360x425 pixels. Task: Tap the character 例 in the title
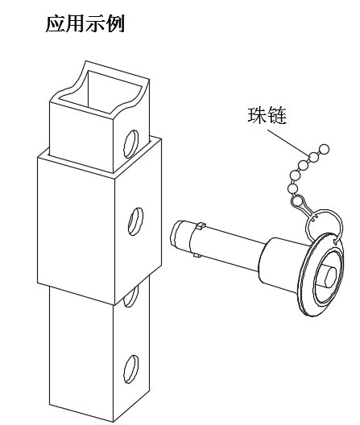[115, 23]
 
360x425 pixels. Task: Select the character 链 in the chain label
[277, 115]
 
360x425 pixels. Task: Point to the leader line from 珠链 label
[288, 142]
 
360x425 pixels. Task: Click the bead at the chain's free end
[324, 149]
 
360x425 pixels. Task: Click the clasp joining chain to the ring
[304, 208]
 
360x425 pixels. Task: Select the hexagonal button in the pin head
[329, 276]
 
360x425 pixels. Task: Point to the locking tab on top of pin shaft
[201, 225]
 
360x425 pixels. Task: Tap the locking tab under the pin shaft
[197, 255]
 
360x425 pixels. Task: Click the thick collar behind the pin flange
[279, 262]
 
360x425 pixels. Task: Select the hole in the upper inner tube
[131, 143]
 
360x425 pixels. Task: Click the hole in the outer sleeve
[135, 221]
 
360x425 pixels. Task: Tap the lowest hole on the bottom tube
[131, 369]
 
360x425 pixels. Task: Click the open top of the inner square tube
[101, 91]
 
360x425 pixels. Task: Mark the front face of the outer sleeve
[76, 230]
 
